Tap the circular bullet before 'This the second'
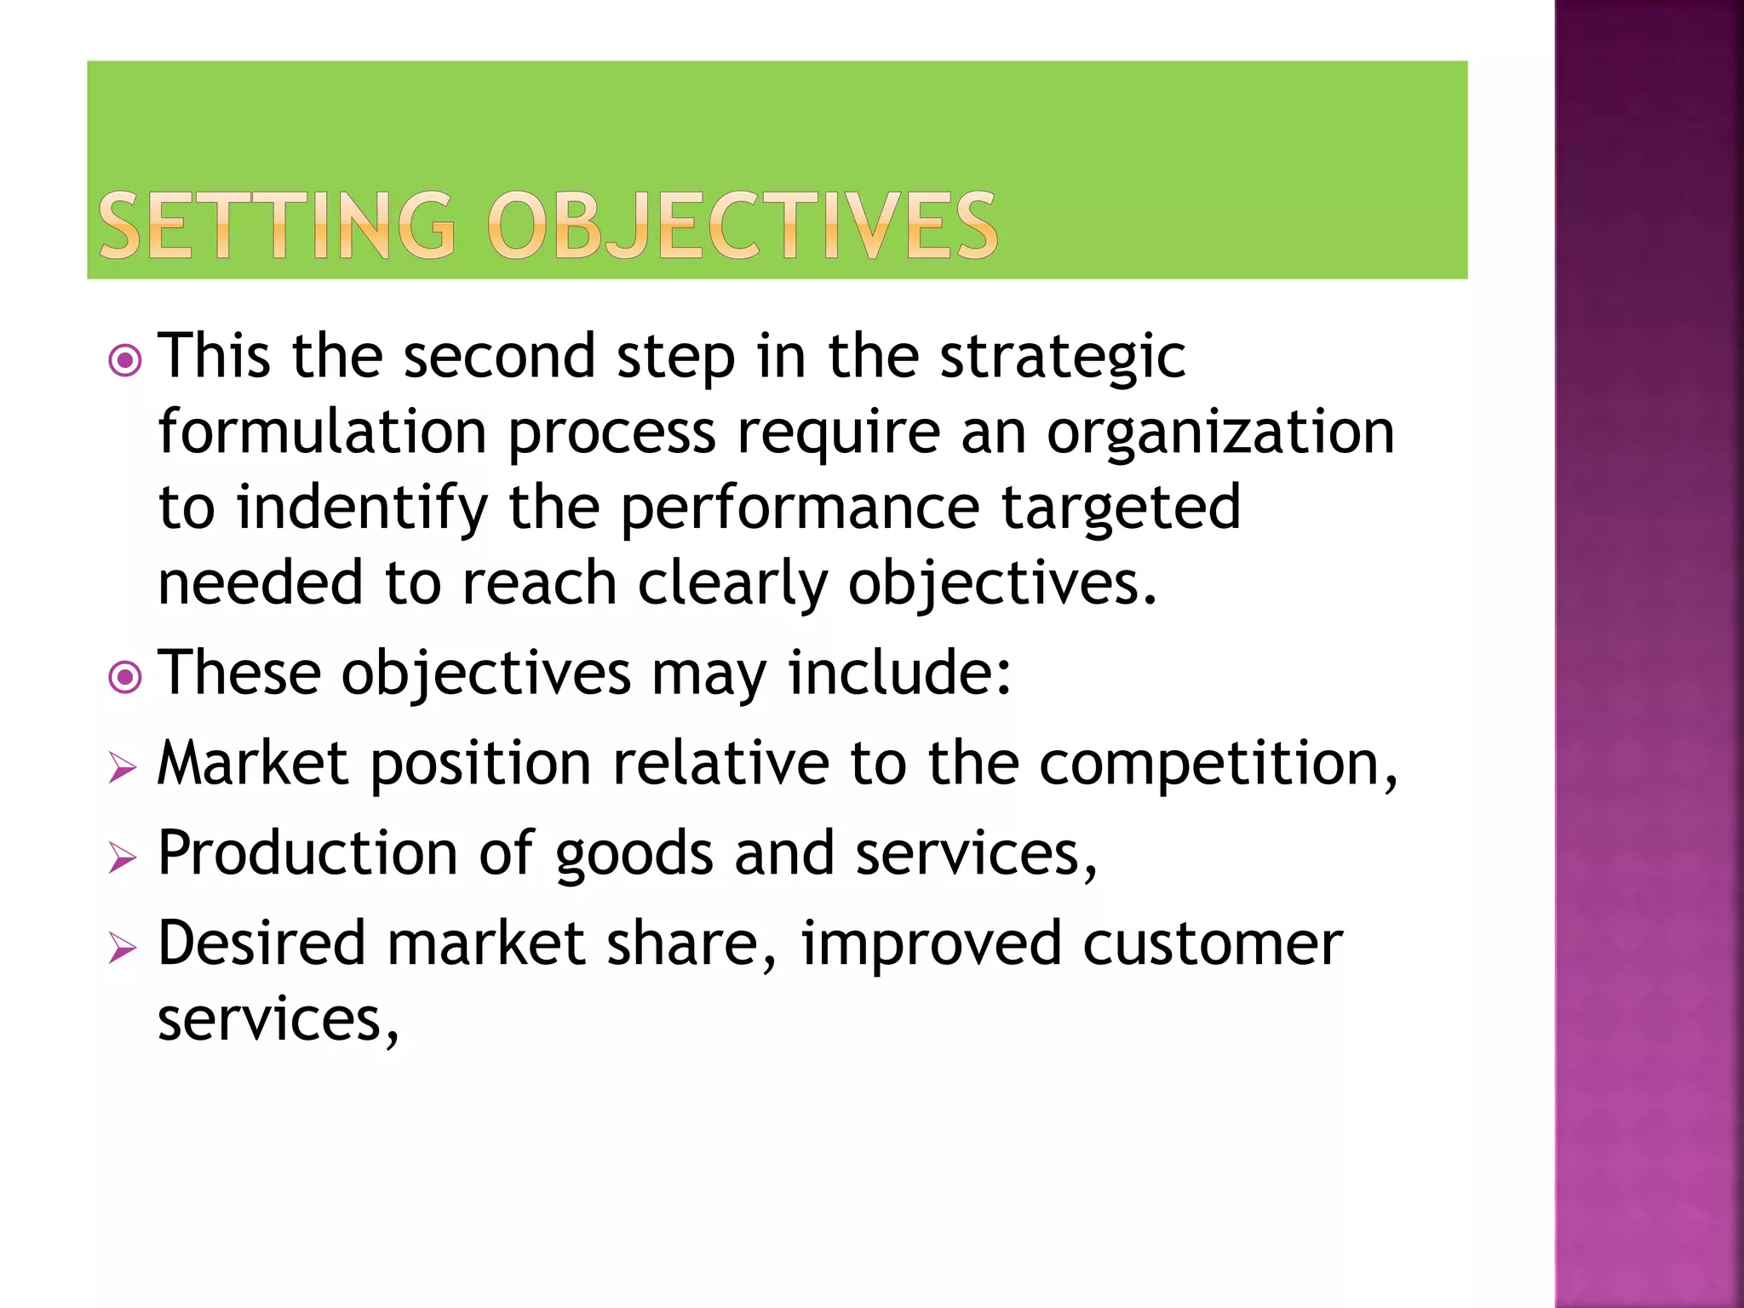coord(125,360)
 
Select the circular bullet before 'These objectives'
coord(125,678)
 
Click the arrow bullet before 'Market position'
coord(123,768)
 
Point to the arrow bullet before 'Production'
coord(123,858)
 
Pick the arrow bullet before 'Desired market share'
coord(123,948)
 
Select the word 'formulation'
coord(322,432)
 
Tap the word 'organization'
coord(1220,433)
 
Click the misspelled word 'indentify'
coord(362,508)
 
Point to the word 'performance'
coord(800,508)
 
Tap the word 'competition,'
coord(1218,764)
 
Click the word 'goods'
coord(634,855)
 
